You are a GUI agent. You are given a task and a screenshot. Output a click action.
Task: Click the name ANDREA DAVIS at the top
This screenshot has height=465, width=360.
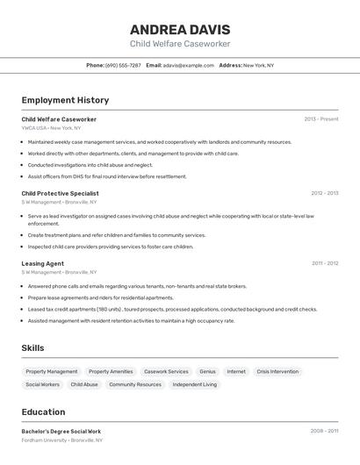[180, 28]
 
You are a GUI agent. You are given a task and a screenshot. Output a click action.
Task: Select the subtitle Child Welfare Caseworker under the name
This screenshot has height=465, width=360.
[180, 43]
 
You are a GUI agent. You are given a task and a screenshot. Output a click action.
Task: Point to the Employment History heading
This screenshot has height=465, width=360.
[65, 100]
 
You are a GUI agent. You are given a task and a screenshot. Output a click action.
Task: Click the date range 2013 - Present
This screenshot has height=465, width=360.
[320, 118]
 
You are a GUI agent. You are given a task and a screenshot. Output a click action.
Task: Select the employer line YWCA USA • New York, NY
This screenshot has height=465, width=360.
[51, 128]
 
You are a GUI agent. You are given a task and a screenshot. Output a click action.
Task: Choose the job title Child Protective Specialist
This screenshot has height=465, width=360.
[60, 193]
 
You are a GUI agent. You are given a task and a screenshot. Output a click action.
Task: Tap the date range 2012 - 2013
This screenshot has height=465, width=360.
[324, 193]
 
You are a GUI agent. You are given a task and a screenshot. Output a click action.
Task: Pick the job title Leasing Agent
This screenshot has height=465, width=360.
[42, 263]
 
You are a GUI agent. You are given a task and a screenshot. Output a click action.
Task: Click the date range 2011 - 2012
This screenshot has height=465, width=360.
[324, 263]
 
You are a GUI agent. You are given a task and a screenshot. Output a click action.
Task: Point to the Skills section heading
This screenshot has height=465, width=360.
[32, 348]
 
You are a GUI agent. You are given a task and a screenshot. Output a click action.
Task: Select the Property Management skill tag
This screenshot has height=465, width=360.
[52, 371]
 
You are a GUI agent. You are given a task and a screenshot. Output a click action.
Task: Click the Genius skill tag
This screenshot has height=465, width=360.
[207, 371]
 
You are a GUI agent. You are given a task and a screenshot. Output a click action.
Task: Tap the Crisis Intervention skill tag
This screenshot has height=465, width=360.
[277, 371]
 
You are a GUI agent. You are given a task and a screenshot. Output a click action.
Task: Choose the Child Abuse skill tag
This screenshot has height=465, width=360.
[84, 384]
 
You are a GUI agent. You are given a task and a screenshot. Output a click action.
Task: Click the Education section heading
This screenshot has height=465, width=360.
[43, 411]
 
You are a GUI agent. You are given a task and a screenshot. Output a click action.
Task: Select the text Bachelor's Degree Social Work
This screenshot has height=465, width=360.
[61, 431]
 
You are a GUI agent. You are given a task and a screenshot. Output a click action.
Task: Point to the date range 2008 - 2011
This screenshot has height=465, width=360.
[324, 431]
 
